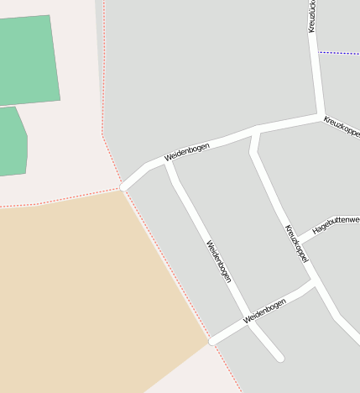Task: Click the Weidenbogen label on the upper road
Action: point(187,151)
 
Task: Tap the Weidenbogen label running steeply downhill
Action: point(218,262)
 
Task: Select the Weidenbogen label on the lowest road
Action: point(263,310)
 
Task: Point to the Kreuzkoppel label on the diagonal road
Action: point(296,244)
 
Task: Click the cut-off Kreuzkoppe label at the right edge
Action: point(342,128)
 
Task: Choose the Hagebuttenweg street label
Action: point(335,220)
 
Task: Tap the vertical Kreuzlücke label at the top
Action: point(312,16)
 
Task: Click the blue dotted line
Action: point(339,53)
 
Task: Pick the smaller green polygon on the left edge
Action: point(12,143)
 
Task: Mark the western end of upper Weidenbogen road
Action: point(125,186)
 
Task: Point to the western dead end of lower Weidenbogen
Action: point(212,342)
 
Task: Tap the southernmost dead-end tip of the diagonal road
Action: point(279,359)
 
